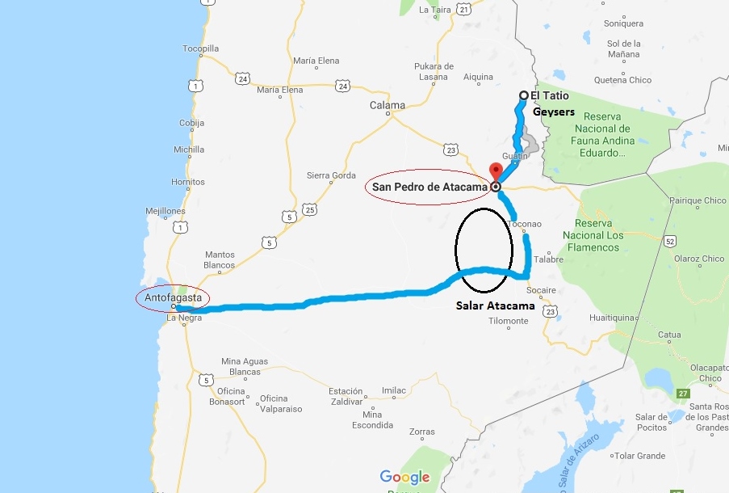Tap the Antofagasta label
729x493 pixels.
coord(173,298)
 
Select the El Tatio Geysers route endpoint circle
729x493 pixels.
coord(523,95)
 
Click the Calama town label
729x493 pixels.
coord(387,106)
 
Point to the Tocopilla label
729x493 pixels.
coord(200,48)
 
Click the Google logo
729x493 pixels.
coord(404,478)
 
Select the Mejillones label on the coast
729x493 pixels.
coord(165,212)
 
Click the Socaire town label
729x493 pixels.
coord(540,290)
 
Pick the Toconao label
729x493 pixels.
coord(526,224)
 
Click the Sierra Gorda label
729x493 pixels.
coord(331,175)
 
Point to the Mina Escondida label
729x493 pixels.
coord(371,420)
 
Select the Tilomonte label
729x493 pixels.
coord(509,321)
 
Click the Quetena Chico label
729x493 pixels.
coord(622,80)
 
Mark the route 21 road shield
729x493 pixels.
coord(463,9)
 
